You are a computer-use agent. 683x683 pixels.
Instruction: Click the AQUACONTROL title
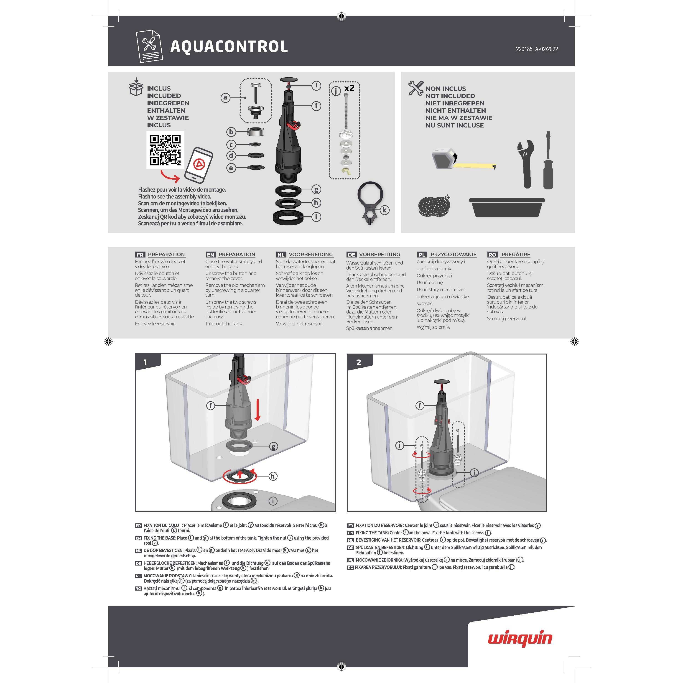point(229,47)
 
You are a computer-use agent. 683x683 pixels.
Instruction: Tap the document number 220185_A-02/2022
point(537,49)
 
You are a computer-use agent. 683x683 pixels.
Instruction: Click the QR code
point(165,150)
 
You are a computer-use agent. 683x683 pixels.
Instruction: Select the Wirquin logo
point(520,639)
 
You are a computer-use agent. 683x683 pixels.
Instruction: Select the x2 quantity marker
point(349,88)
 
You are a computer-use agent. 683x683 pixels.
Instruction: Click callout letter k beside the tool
point(384,210)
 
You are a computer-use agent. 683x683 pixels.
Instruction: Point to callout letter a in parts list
point(225,98)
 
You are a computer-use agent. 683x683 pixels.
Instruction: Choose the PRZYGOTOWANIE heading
point(453,255)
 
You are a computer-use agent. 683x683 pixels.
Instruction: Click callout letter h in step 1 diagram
point(273,476)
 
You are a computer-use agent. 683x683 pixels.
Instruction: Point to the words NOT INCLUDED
point(450,96)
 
